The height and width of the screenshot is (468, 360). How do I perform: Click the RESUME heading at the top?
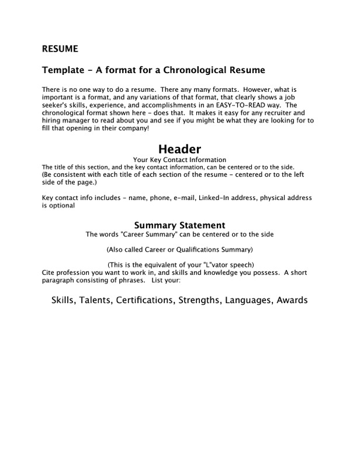click(60, 48)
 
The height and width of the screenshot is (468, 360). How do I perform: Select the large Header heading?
click(180, 149)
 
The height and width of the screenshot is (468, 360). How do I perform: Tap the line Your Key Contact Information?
click(180, 159)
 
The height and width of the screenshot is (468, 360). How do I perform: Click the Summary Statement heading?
click(180, 225)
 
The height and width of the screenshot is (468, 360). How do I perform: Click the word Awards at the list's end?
click(291, 301)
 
